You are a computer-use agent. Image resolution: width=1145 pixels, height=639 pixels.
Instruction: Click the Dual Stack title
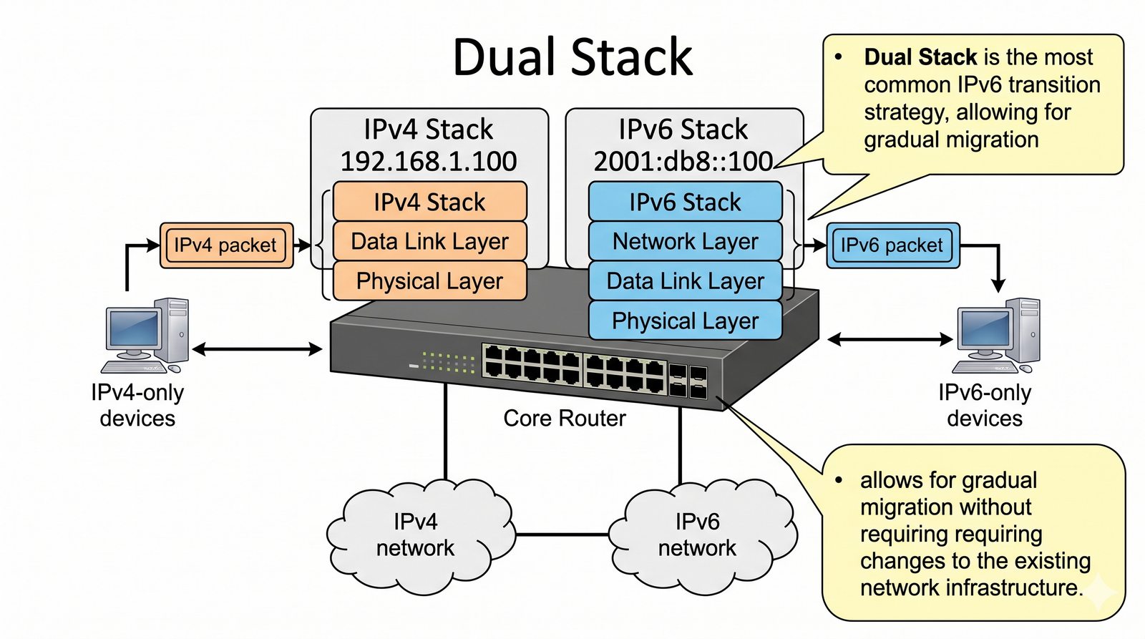tap(572, 57)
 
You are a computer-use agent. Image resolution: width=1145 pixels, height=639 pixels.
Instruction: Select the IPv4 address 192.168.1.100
tap(428, 162)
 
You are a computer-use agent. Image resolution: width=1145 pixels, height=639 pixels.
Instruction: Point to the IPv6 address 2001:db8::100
tap(683, 162)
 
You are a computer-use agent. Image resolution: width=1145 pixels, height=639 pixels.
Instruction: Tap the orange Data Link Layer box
tap(429, 242)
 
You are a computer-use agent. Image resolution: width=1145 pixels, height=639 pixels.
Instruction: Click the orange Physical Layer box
tap(429, 281)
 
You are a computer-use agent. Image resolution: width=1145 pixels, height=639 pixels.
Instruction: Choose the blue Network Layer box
tap(685, 242)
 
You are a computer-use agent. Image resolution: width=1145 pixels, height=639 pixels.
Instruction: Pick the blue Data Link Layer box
tap(685, 281)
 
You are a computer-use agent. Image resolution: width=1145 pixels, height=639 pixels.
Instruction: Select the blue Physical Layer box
tap(685, 321)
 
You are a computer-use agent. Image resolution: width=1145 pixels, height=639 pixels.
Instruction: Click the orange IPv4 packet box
tap(225, 245)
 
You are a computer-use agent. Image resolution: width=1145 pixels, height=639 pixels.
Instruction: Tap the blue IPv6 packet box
tap(892, 245)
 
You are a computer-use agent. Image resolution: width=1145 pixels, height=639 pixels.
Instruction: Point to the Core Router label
tap(564, 419)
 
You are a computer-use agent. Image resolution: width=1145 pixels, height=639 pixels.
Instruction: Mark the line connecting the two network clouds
tap(562, 535)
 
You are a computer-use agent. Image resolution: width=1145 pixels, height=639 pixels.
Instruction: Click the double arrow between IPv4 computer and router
tap(257, 349)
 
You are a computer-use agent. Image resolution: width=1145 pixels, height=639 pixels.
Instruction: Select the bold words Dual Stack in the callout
tap(920, 57)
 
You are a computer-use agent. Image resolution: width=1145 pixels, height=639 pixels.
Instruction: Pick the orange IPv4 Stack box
tap(429, 203)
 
